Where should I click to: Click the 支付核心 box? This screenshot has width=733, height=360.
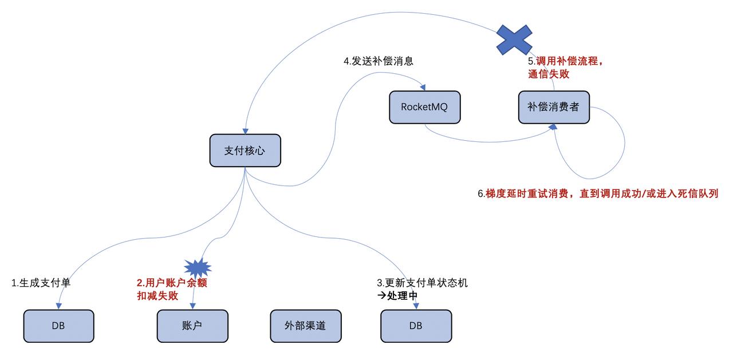coord(245,151)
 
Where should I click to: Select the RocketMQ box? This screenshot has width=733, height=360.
coord(424,106)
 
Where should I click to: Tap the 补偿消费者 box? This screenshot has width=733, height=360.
coord(554,106)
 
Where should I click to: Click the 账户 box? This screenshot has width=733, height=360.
coord(192,326)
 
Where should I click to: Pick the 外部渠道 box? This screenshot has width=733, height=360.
coord(305,326)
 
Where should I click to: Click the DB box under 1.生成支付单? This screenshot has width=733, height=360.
coord(58,326)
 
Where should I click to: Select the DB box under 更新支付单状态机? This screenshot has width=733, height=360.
coord(416,326)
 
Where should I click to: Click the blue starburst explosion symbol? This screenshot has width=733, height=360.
coord(198,267)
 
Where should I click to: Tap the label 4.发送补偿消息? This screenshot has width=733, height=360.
coord(379,61)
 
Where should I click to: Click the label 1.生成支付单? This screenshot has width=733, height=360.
coord(41,283)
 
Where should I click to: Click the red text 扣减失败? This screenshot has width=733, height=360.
coord(157,296)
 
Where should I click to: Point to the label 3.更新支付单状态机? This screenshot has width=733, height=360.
coord(422,283)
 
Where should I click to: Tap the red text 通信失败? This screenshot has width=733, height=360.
coord(549,74)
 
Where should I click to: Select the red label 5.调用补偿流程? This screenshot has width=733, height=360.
coord(566,61)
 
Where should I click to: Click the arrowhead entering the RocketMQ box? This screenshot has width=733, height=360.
coord(423,88)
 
